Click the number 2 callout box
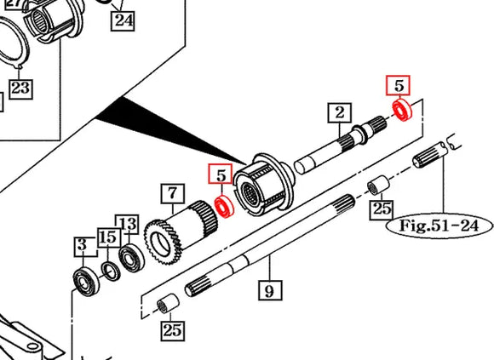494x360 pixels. pyautogui.click(x=339, y=112)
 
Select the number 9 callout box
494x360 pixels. pyautogui.click(x=268, y=291)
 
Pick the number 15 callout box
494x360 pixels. pyautogui.click(x=106, y=237)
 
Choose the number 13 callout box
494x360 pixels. pyautogui.click(x=127, y=225)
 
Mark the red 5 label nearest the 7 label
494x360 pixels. pyautogui.click(x=221, y=175)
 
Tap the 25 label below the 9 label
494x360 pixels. pyautogui.click(x=173, y=329)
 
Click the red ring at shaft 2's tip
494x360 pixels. pyautogui.click(x=401, y=109)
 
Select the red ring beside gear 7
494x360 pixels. pyautogui.click(x=225, y=206)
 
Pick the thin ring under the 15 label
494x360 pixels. pyautogui.click(x=111, y=270)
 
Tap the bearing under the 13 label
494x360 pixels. pyautogui.click(x=132, y=258)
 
